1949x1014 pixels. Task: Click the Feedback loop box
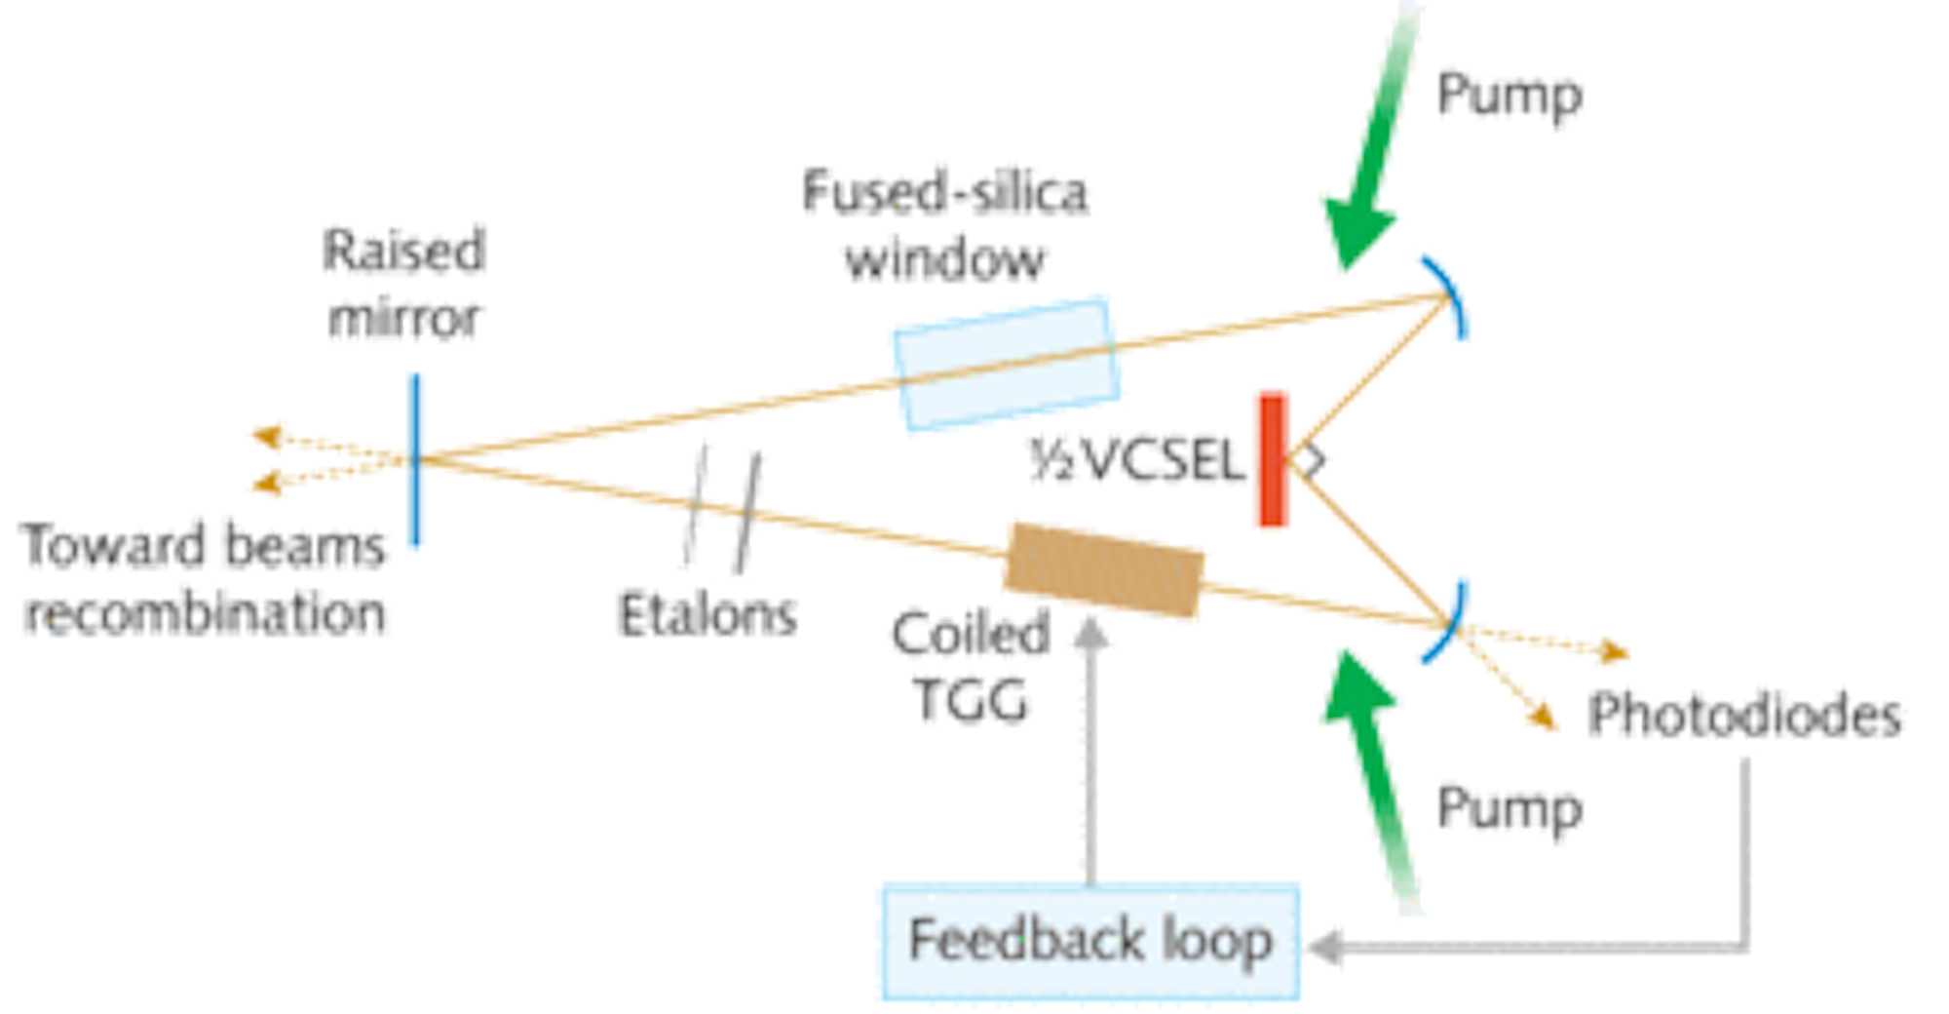point(1089,941)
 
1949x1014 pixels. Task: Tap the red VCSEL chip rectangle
point(1272,459)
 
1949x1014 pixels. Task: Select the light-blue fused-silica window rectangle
point(1007,362)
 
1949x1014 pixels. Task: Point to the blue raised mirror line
point(416,458)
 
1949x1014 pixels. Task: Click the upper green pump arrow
point(1369,166)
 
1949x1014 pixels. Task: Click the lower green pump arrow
point(1374,770)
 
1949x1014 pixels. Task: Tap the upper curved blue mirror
point(1450,297)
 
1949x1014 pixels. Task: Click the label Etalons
point(710,615)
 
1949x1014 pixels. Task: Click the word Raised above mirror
point(404,250)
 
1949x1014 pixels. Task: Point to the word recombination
point(207,612)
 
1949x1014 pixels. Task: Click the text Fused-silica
point(945,191)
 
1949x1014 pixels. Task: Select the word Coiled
point(970,634)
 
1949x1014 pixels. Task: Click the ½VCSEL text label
point(1135,458)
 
